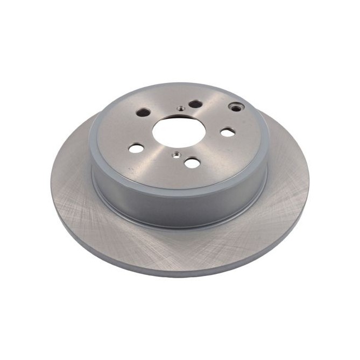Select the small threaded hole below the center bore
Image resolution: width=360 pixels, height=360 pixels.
[175, 156]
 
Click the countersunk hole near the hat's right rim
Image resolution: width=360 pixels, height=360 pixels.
[235, 107]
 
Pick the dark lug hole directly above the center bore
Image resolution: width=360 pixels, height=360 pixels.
[195, 103]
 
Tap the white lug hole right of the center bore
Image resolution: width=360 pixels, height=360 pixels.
[228, 132]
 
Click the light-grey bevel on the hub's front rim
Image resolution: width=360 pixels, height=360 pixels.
[178, 189]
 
